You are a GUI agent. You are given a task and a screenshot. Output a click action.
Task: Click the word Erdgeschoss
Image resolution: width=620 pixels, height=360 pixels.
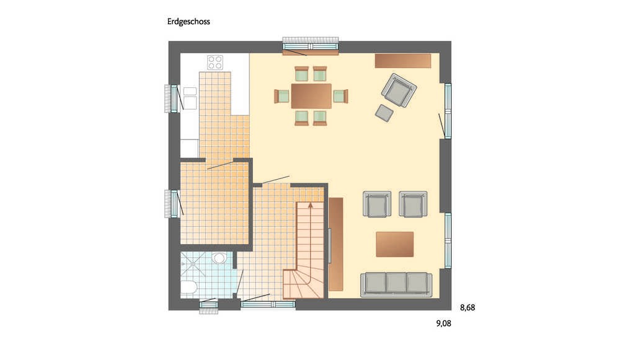(x=188, y=22)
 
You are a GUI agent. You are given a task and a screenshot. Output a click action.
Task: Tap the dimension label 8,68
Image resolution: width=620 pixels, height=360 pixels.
(x=467, y=307)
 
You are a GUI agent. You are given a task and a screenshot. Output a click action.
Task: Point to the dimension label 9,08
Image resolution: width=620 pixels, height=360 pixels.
(x=444, y=323)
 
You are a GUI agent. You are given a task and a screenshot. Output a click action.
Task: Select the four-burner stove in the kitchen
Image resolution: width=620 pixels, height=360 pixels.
(x=215, y=62)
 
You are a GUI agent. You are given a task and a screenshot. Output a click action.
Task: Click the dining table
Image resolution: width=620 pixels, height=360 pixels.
(x=311, y=95)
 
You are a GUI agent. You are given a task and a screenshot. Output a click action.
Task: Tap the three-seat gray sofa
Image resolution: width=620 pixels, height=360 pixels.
(x=396, y=284)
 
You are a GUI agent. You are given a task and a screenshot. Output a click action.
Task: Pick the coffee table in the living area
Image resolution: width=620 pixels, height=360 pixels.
(x=394, y=244)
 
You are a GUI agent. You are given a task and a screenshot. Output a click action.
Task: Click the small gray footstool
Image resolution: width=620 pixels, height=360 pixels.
(x=384, y=113)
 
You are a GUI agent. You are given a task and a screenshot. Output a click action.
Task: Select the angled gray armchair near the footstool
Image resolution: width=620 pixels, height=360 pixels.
(x=399, y=90)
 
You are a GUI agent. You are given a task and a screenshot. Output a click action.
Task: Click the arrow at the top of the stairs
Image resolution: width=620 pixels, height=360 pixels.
(x=311, y=205)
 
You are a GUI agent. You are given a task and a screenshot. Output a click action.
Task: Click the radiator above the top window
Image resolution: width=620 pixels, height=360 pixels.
(x=311, y=40)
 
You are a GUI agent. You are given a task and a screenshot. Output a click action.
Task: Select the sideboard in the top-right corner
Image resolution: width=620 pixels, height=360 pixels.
(x=403, y=61)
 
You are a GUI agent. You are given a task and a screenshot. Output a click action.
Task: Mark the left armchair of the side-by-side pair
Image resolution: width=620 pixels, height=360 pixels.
(x=377, y=204)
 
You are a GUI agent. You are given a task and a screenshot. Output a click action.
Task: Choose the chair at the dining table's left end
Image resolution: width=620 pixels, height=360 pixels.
(x=282, y=96)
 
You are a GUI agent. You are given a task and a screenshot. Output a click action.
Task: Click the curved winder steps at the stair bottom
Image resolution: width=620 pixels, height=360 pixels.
(x=303, y=284)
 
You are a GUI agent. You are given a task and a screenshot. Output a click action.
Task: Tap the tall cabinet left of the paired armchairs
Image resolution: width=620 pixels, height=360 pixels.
(x=335, y=244)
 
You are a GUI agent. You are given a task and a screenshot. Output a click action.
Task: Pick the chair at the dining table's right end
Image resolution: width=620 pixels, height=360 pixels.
(x=340, y=96)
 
